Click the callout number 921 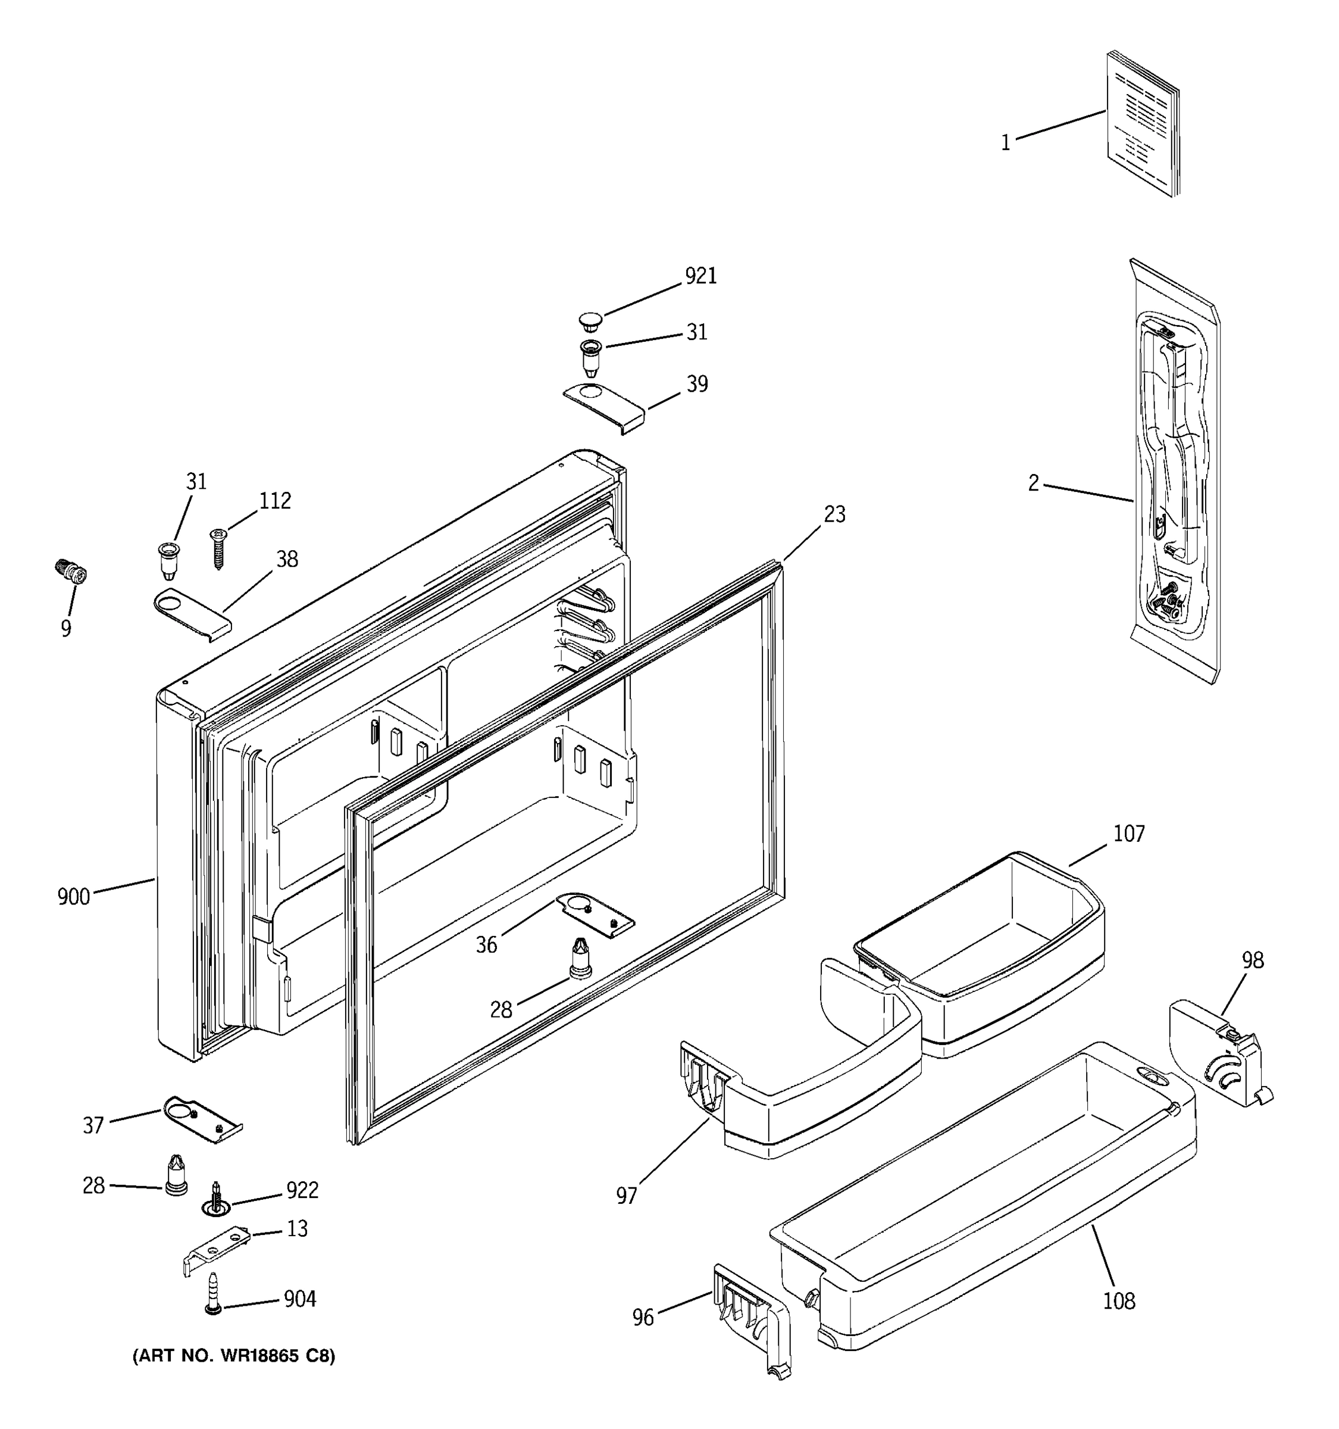tap(700, 276)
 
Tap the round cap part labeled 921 tap(590, 319)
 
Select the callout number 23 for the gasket tap(834, 514)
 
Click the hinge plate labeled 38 tap(192, 614)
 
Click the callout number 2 tap(1033, 483)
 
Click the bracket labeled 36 tap(596, 916)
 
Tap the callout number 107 tap(1128, 834)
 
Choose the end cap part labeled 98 tap(1214, 1057)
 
